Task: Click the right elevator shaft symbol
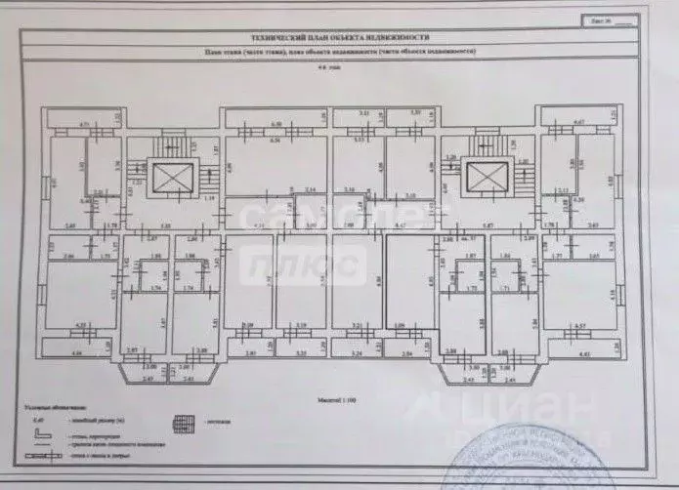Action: click(484, 178)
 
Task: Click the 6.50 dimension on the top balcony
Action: click(276, 124)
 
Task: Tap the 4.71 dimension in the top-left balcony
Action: click(84, 124)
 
